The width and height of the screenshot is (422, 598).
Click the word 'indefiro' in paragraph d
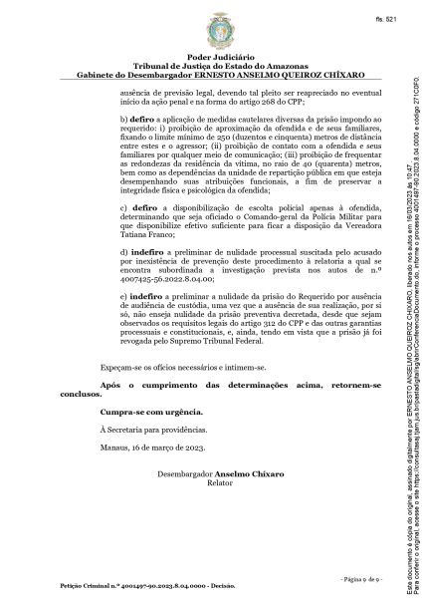pos(146,282)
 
